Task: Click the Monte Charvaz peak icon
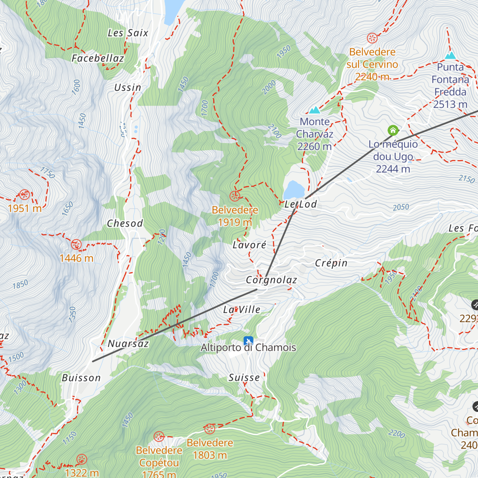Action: pyautogui.click(x=315, y=110)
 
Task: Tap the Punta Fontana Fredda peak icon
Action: pyautogui.click(x=451, y=55)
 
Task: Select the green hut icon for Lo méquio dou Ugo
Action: pyautogui.click(x=393, y=130)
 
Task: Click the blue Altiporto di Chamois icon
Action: pyautogui.click(x=248, y=341)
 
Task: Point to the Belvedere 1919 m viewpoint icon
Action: pyautogui.click(x=235, y=196)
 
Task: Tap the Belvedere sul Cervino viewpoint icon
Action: pyautogui.click(x=372, y=38)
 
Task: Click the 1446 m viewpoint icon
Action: pyautogui.click(x=76, y=245)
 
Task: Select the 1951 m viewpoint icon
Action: pyautogui.click(x=24, y=195)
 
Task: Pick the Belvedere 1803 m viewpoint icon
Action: pyautogui.click(x=210, y=429)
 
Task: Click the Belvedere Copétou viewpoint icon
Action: pyautogui.click(x=159, y=437)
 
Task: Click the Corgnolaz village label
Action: pyautogui.click(x=271, y=280)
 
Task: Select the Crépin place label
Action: pyautogui.click(x=331, y=263)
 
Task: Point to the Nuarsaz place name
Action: pyautogui.click(x=128, y=344)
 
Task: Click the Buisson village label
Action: pyautogui.click(x=81, y=378)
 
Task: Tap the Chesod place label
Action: pyautogui.click(x=125, y=223)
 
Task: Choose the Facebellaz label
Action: pyautogui.click(x=98, y=59)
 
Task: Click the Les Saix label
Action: pyautogui.click(x=128, y=33)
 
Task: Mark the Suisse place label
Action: pyautogui.click(x=244, y=378)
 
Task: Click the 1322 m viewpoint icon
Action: pyautogui.click(x=82, y=459)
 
